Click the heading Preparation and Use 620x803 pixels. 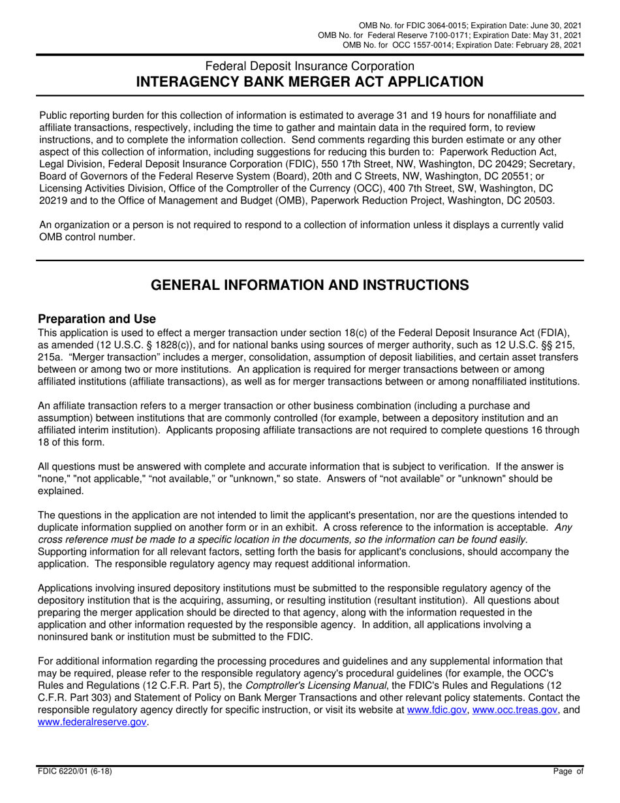pos(97,319)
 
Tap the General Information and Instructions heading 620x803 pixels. pos(309,285)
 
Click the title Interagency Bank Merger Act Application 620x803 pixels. pos(309,82)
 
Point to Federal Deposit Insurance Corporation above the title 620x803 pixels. pos(309,66)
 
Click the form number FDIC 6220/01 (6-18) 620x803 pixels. pos(77,772)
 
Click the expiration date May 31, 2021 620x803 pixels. pos(557,35)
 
